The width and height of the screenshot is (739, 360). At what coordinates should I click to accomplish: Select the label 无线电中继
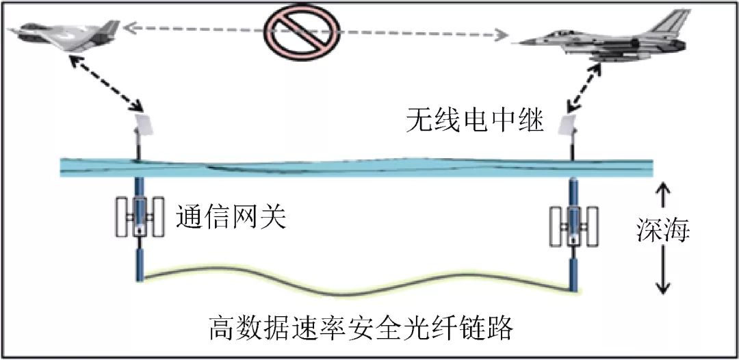coord(474,123)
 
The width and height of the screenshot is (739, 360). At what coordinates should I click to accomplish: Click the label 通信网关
coord(230,218)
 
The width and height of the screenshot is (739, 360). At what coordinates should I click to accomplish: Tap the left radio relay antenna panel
coord(146,125)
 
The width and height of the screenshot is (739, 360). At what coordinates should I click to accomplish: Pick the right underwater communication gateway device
coord(573,227)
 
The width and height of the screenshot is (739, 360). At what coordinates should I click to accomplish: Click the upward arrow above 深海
coord(662,195)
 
